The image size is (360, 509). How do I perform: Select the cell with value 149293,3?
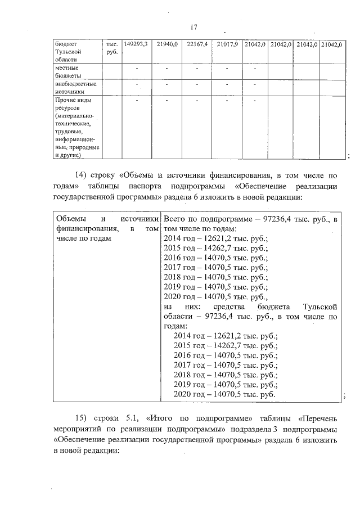135,44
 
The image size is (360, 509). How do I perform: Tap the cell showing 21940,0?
167,44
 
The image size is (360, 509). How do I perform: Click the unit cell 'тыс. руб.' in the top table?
111,48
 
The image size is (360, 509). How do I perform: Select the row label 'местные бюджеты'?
67,71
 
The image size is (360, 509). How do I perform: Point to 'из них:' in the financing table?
179,307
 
